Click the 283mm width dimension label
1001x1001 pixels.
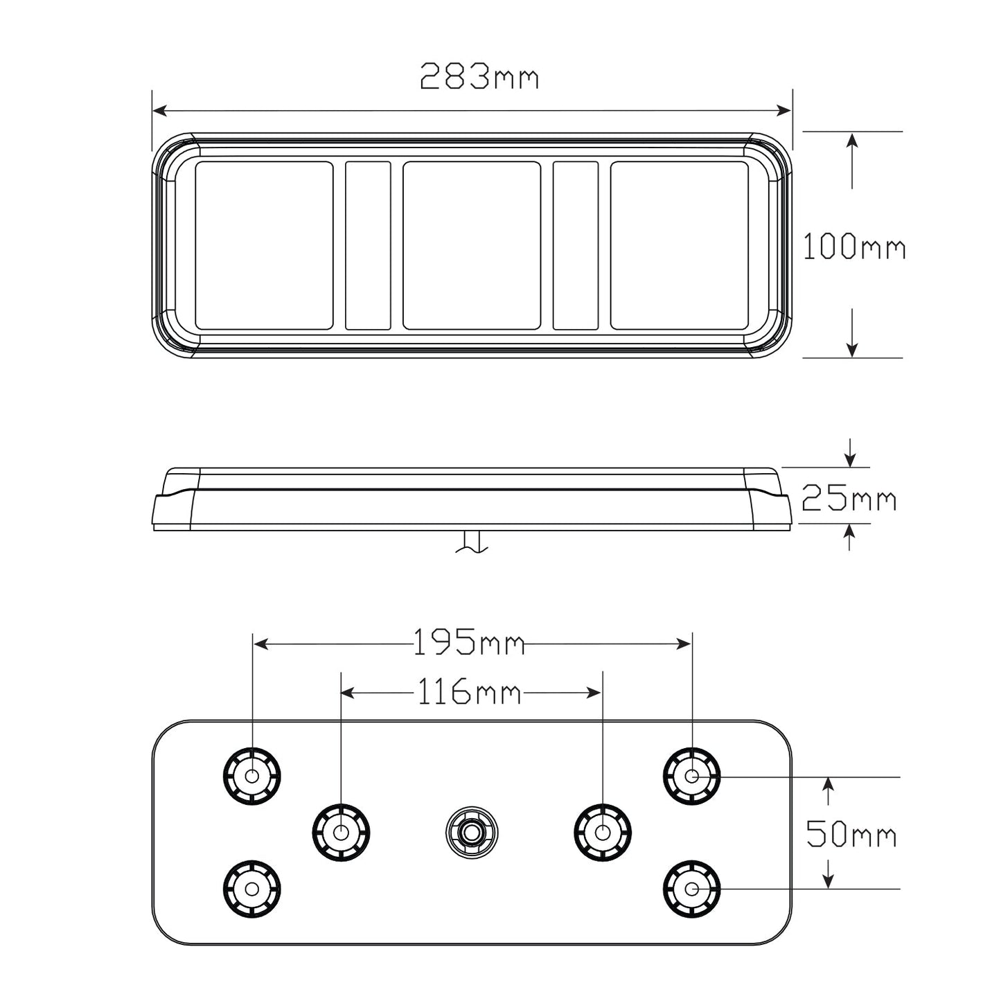click(479, 76)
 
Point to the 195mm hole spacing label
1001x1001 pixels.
click(468, 643)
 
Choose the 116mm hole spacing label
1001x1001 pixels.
click(468, 691)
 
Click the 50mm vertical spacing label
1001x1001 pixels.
click(851, 833)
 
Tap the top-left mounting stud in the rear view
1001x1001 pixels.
click(252, 776)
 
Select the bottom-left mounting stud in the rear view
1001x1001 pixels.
click(252, 889)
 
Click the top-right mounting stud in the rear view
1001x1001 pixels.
click(691, 776)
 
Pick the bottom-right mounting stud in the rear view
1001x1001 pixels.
click(691, 889)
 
